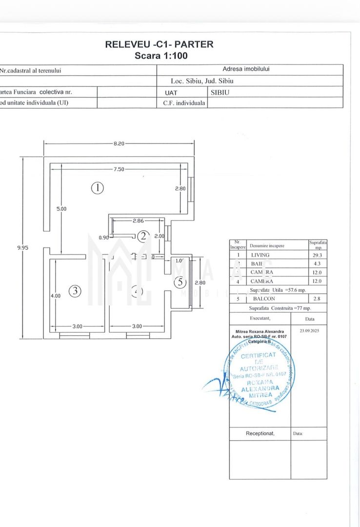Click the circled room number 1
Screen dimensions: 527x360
point(98,187)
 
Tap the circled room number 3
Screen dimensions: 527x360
point(74,291)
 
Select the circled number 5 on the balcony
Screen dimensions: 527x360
point(180,282)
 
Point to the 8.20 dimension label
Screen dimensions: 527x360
point(120,143)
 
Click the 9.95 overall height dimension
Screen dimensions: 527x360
point(22,247)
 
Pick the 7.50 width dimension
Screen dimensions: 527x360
point(119,169)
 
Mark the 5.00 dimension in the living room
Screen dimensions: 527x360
point(61,208)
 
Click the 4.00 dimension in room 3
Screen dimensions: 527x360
point(55,295)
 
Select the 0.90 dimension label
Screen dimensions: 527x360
point(104,238)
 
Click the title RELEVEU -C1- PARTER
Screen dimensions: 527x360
point(159,44)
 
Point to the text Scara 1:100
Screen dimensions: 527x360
point(161,56)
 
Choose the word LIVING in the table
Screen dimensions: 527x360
point(260,255)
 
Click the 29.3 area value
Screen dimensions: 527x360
point(318,255)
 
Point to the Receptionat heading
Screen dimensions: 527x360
point(260,433)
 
